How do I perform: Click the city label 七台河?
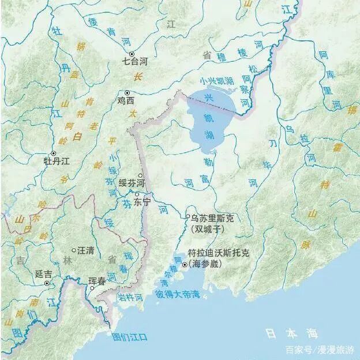pyautogui.click(x=134, y=61)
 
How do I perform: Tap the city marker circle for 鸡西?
pyautogui.click(x=127, y=92)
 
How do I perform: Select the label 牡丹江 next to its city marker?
pyautogui.click(x=57, y=162)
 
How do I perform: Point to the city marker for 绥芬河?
pyautogui.click(x=140, y=175)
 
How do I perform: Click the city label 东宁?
pyautogui.click(x=141, y=203)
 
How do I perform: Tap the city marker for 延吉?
pyautogui.click(x=47, y=283)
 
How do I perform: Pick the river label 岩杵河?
pyautogui.click(x=131, y=297)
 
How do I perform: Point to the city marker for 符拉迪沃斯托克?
pyautogui.click(x=185, y=265)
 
